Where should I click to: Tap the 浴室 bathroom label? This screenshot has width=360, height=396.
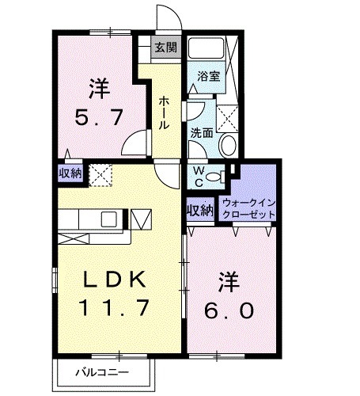click(x=208, y=77)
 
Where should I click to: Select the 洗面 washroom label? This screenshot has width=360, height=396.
click(x=201, y=133)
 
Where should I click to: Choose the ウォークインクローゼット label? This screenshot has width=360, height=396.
click(x=249, y=209)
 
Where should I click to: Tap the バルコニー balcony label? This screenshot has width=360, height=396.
click(x=102, y=370)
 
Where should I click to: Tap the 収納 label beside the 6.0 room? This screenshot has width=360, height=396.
click(x=199, y=210)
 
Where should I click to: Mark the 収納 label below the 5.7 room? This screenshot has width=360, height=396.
click(x=70, y=173)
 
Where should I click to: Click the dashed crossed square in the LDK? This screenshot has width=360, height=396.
click(x=100, y=173)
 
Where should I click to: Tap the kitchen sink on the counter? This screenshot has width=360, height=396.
click(x=108, y=217)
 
